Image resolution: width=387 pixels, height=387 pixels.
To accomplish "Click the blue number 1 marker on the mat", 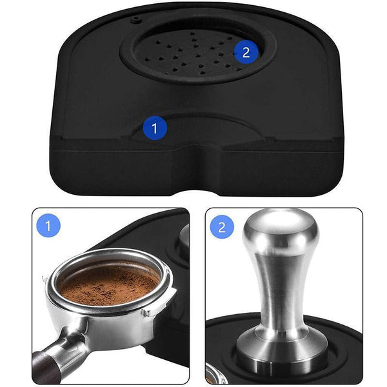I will [154, 128].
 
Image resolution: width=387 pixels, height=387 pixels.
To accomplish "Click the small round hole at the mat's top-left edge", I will [135, 19].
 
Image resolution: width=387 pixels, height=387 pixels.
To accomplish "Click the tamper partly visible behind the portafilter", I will [182, 239].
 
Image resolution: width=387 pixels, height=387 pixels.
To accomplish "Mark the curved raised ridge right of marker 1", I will [213, 123].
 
